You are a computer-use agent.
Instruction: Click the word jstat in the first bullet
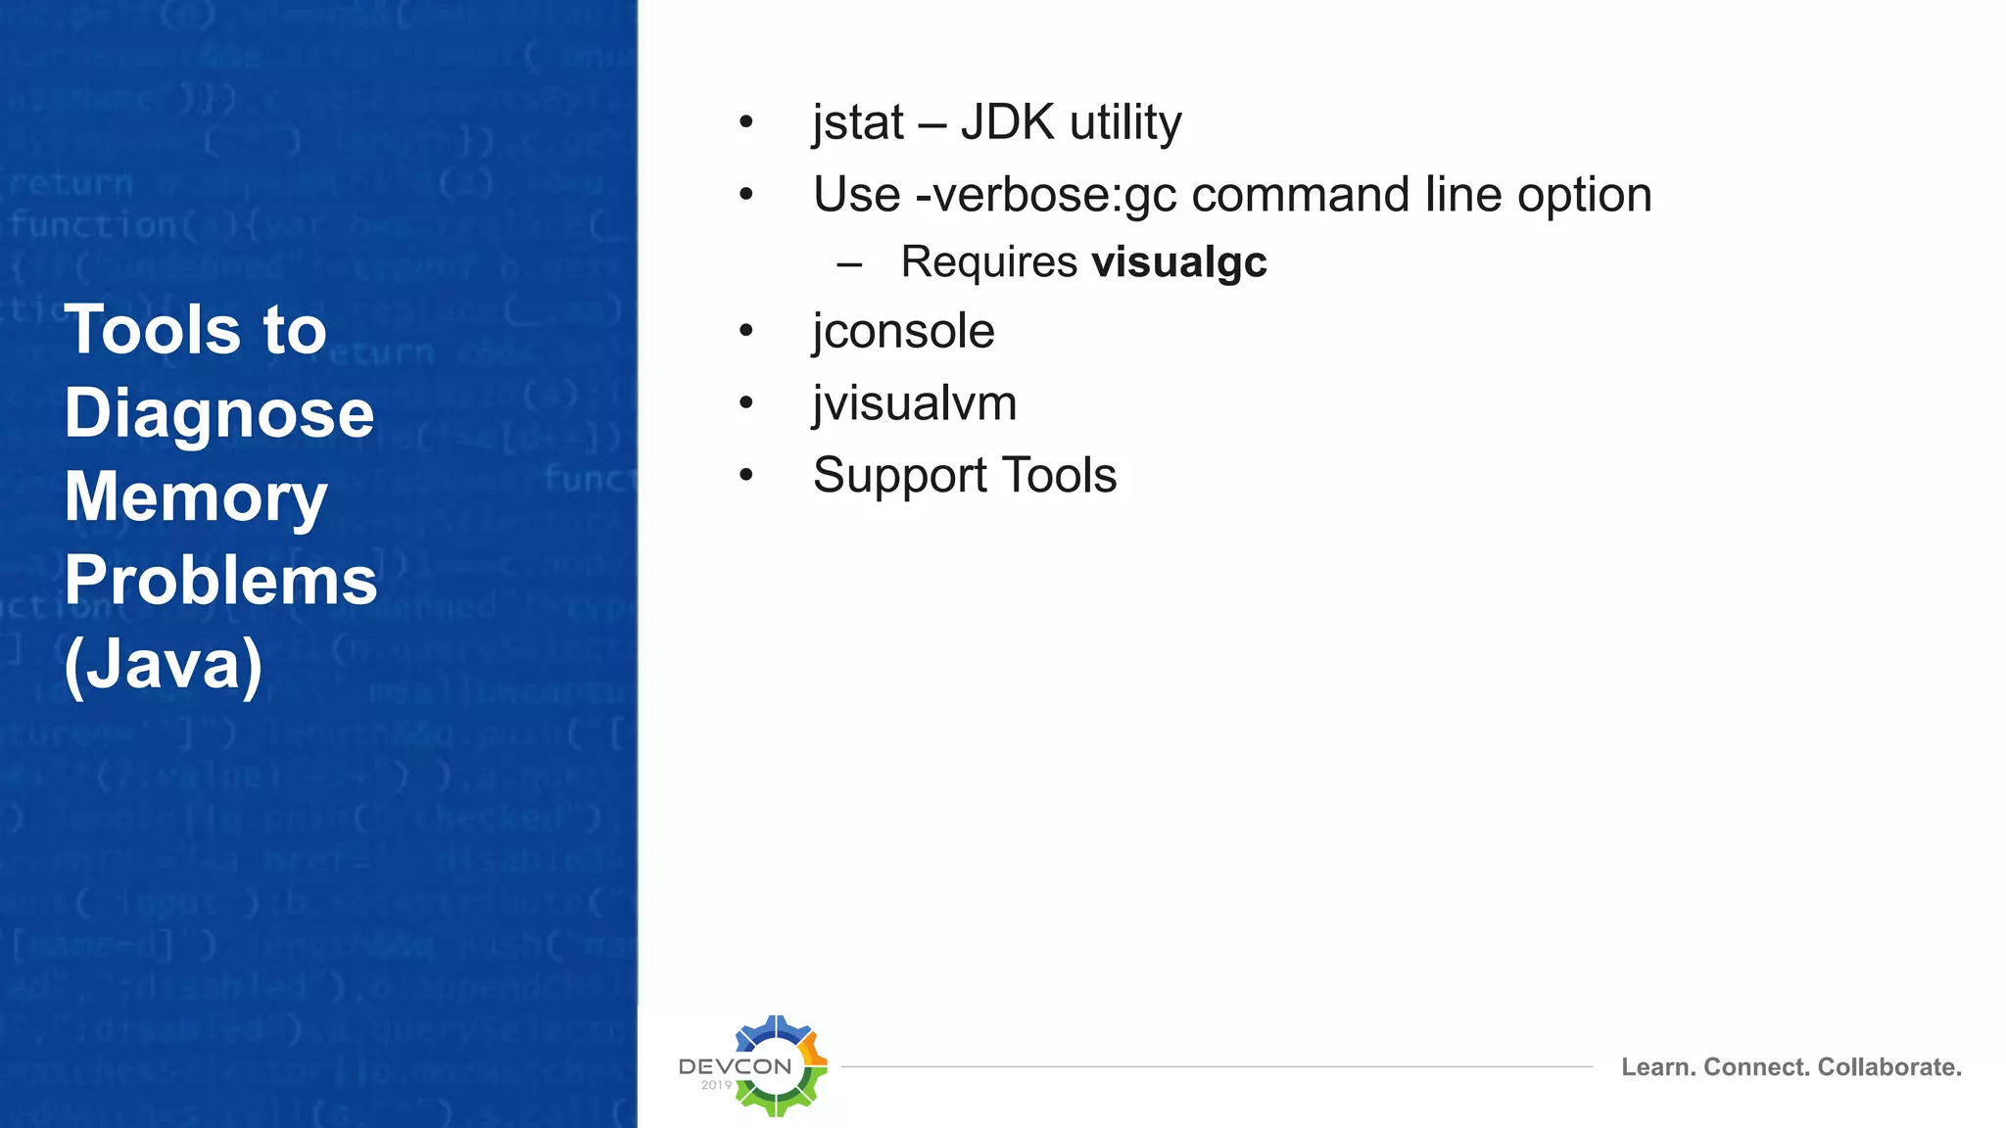pos(858,123)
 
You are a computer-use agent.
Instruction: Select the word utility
pos(1125,123)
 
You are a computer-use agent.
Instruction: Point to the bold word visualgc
pos(1179,262)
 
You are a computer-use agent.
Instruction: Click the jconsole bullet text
pos(903,331)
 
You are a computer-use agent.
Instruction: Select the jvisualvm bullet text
pos(915,403)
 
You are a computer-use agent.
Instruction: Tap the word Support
pos(899,477)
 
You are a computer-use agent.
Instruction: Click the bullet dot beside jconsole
pos(746,331)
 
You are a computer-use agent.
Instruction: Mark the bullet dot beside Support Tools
pos(746,476)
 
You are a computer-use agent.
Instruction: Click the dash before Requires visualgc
pos(849,263)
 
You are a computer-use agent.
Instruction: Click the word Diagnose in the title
pos(219,414)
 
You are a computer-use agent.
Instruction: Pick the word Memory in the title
pos(196,497)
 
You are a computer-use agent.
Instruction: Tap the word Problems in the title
pos(220,581)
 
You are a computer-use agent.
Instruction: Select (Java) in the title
pos(164,665)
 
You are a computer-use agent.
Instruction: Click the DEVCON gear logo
pos(778,1065)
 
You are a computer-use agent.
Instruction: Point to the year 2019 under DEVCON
pos(716,1085)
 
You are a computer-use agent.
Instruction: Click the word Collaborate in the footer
pos(1888,1067)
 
